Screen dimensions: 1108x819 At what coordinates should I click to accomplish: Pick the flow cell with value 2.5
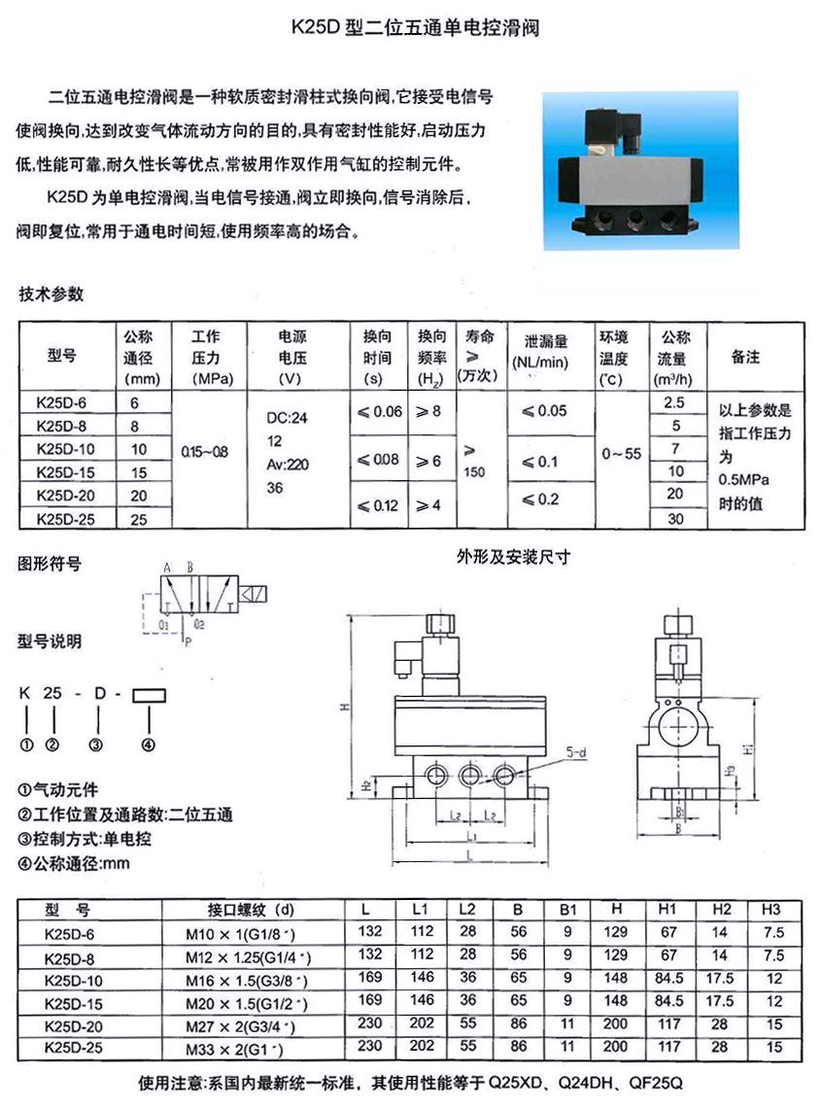click(x=673, y=401)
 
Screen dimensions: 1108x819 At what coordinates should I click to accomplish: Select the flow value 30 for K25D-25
click(x=673, y=519)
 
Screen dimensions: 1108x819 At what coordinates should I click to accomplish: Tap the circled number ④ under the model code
click(x=149, y=745)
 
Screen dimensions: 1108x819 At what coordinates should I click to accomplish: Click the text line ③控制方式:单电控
click(x=85, y=838)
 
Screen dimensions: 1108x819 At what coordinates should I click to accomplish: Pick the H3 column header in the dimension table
click(x=770, y=910)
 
